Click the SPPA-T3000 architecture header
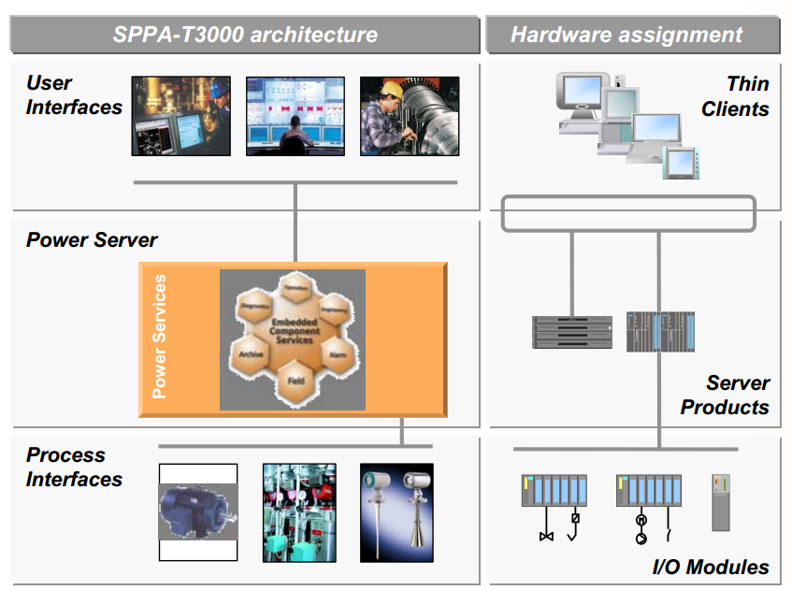245,36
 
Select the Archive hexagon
251,354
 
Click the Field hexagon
293,381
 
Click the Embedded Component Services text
293,332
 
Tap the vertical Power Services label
160,337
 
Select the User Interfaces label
73,95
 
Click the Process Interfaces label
73,467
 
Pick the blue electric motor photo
197,512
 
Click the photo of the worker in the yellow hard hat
410,115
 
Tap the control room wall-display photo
295,115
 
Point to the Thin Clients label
736,96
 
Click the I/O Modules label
710,568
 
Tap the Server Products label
725,395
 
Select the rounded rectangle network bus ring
627,213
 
